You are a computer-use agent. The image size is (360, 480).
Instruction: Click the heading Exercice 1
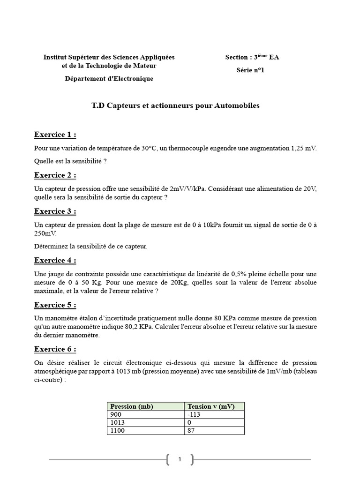click(x=55, y=135)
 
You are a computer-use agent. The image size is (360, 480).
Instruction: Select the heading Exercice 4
click(x=55, y=261)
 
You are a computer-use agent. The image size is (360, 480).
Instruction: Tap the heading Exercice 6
click(x=55, y=349)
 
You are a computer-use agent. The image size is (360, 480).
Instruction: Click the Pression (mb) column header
click(x=132, y=406)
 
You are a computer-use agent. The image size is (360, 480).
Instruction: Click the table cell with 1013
click(x=118, y=423)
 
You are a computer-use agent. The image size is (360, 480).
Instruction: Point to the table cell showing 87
click(x=191, y=431)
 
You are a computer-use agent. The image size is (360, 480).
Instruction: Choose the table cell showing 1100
click(x=118, y=431)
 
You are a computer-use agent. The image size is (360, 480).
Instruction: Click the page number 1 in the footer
click(x=180, y=460)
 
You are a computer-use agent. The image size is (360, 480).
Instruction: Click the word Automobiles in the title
click(x=237, y=106)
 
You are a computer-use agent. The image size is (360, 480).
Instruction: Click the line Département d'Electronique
click(x=109, y=79)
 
